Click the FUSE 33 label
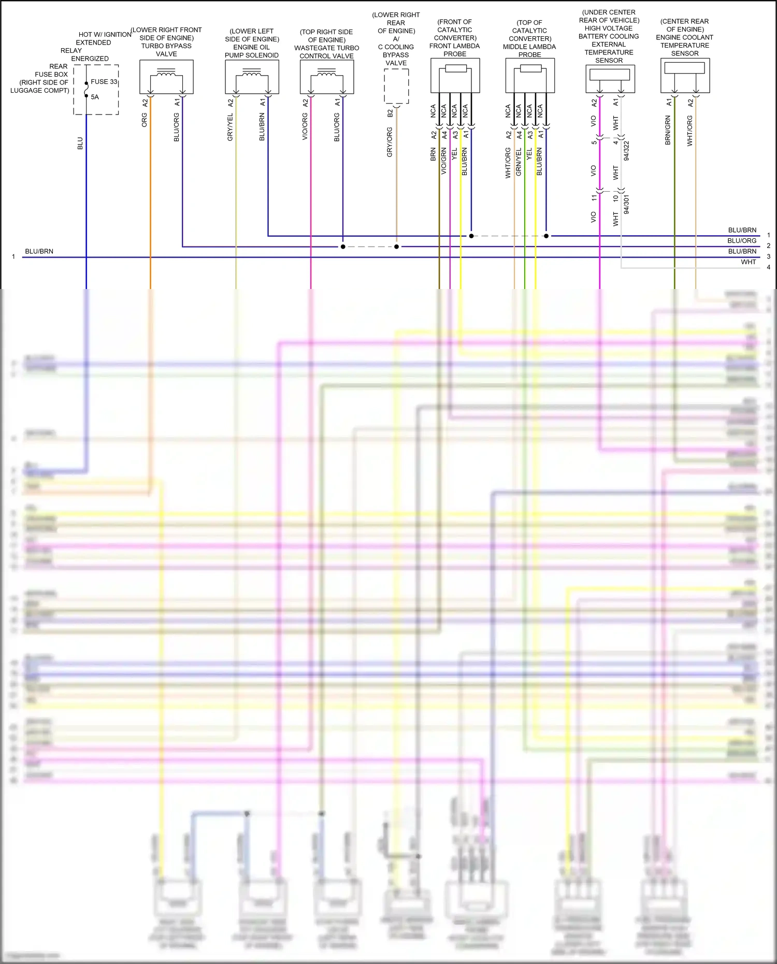coord(104,82)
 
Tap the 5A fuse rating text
coord(95,97)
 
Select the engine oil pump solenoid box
coord(252,77)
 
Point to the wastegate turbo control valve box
coord(327,77)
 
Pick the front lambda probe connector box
coord(455,76)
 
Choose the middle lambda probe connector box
coord(530,76)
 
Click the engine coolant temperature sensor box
coord(685,76)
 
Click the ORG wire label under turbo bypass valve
coord(145,120)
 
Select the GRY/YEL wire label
coord(231,127)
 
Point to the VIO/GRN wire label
coord(444,161)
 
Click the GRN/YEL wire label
coord(519,162)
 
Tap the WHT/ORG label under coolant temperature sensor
coord(689,131)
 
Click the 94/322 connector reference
coord(627,151)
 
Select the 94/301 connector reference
coord(627,205)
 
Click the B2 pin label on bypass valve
coord(390,113)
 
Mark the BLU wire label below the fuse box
coord(80,143)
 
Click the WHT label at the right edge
coord(748,262)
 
